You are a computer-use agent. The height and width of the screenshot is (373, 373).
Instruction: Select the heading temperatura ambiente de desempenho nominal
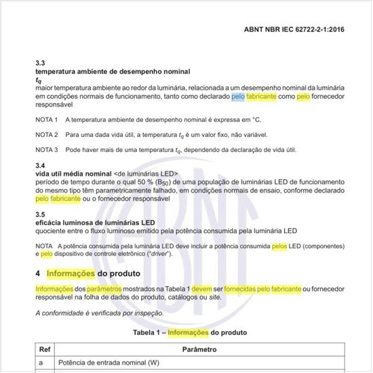click(113, 71)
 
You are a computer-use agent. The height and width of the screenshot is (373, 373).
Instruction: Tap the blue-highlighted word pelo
click(237, 97)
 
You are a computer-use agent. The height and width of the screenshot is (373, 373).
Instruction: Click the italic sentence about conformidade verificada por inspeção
click(99, 313)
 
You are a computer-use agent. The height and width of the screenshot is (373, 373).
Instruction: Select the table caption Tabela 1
click(147, 332)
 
